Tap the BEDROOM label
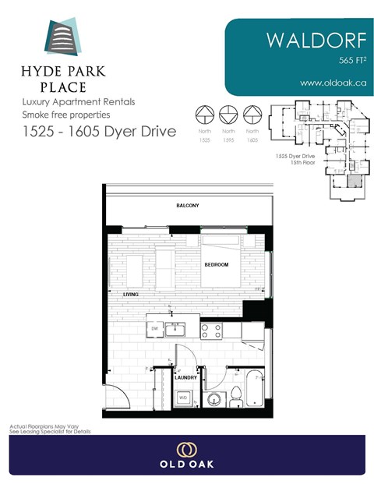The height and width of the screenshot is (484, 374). click(x=217, y=266)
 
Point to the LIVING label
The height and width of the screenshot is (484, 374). click(x=141, y=294)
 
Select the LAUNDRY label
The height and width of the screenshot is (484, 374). click(x=185, y=377)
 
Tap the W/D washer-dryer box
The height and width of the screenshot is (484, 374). click(x=183, y=397)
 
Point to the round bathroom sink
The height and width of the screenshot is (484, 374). click(x=217, y=399)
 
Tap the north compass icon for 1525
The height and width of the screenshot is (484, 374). click(x=203, y=114)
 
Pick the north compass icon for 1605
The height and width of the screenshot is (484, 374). click(x=252, y=114)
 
